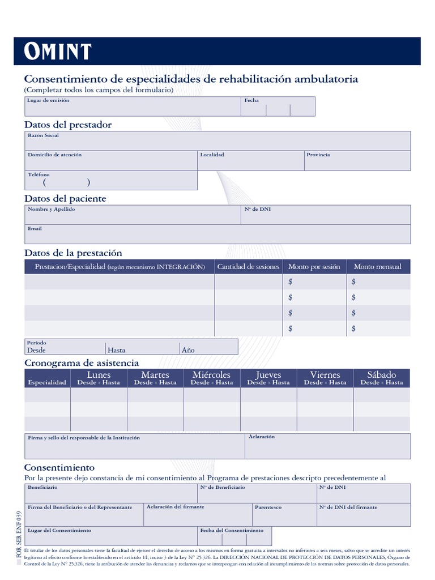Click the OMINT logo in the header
57,52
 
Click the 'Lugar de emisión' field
133,106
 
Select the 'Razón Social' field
217,141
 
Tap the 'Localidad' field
250,161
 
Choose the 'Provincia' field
357,161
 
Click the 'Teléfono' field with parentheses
111,181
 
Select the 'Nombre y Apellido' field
133,215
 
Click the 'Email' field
217,234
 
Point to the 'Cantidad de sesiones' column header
248,267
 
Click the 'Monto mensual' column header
377,267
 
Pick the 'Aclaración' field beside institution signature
327,446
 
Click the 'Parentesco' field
284,515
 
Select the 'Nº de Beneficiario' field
257,494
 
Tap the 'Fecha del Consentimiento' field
234,536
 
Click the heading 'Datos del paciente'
65,198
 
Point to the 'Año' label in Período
188,350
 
